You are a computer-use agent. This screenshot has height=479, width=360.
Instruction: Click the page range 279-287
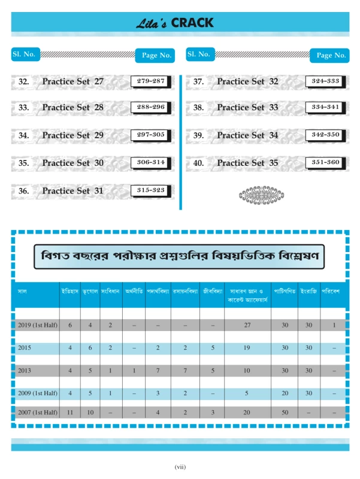pyautogui.click(x=151, y=81)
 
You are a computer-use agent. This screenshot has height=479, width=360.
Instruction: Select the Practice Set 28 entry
pyautogui.click(x=72, y=108)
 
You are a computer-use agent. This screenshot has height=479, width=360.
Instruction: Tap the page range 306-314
pyautogui.click(x=151, y=162)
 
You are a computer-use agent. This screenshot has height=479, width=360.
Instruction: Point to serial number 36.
pyautogui.click(x=24, y=191)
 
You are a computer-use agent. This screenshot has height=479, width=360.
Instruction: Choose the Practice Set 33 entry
pyautogui.click(x=247, y=108)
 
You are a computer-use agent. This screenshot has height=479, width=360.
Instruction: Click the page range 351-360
pyautogui.click(x=325, y=162)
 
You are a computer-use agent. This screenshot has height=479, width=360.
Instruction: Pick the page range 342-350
pyautogui.click(x=325, y=135)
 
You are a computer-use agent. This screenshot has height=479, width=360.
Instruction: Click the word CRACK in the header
pyautogui.click(x=192, y=23)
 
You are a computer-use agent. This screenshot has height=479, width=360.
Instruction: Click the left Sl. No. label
pyautogui.click(x=25, y=54)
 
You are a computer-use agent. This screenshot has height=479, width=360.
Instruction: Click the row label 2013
pyautogui.click(x=25, y=371)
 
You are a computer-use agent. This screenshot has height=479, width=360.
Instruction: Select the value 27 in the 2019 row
pyautogui.click(x=247, y=325)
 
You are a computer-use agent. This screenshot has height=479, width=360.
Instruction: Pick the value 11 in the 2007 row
pyautogui.click(x=70, y=413)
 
